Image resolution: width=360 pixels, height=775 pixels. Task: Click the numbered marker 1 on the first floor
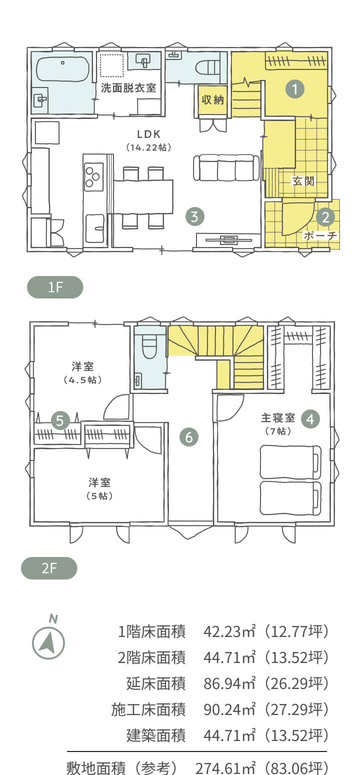click(x=294, y=89)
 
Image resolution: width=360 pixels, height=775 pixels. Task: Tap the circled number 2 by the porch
click(x=325, y=217)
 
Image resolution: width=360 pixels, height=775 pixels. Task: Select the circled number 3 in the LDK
click(x=194, y=216)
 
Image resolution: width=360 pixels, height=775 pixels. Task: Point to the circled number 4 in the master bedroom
click(x=310, y=419)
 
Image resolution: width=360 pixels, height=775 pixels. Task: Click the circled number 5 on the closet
click(x=60, y=420)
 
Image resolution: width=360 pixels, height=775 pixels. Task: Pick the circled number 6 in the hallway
click(x=189, y=437)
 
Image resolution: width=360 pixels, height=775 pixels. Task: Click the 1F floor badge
click(x=55, y=287)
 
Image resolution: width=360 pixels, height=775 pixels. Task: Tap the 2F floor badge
click(x=49, y=568)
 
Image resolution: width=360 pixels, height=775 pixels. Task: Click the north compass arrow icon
click(x=48, y=643)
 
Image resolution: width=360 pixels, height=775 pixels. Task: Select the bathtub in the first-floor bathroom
click(x=62, y=69)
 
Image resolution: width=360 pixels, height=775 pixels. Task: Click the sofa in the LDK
click(x=226, y=168)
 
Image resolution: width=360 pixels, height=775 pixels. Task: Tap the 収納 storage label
click(x=212, y=100)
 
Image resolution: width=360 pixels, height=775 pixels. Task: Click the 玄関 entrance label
click(x=303, y=181)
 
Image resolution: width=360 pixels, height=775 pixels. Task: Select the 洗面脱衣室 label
click(x=128, y=88)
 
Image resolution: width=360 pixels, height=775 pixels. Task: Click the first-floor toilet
click(x=207, y=67)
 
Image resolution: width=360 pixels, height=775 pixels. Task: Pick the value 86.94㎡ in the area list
click(x=229, y=683)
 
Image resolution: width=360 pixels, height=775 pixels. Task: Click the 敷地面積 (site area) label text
click(x=95, y=768)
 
